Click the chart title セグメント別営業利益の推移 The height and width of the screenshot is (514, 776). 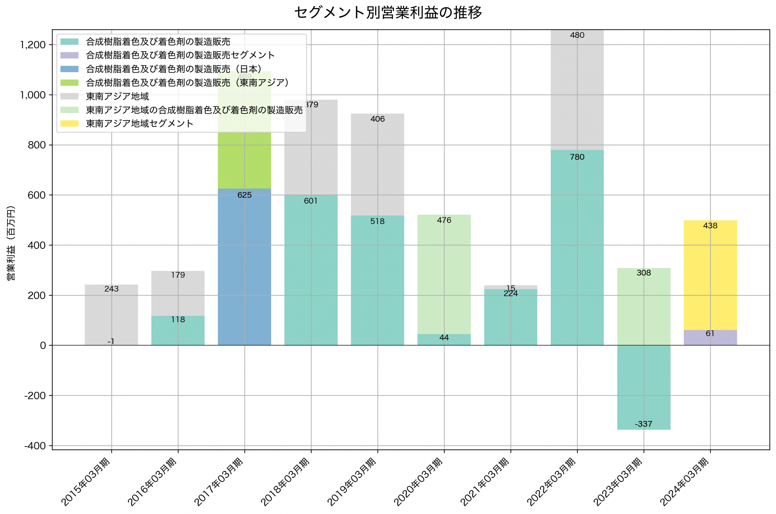coord(388,13)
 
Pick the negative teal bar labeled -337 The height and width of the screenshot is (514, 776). coord(644,387)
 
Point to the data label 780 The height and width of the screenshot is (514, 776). coord(577,157)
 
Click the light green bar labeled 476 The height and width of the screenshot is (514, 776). coord(444,275)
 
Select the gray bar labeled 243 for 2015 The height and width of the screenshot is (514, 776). coord(112,315)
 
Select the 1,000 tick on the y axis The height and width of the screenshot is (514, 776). coord(33,95)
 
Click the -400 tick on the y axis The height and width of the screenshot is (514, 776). coord(35,446)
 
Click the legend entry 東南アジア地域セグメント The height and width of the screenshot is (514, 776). coord(139,124)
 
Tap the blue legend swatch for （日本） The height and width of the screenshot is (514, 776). coord(69,69)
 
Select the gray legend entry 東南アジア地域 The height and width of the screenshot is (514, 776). coord(117,96)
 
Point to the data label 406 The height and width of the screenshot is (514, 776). coord(377,119)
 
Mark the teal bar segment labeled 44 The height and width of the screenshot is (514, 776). coord(444,340)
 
